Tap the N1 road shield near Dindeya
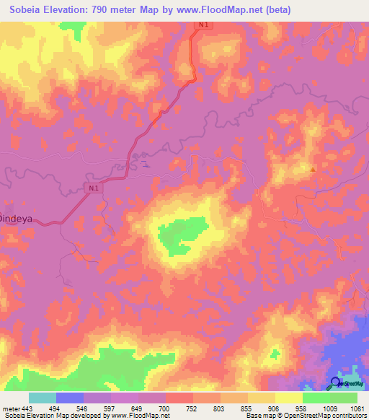click(x=92, y=188)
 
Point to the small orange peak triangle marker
click(x=313, y=169)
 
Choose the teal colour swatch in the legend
click(x=43, y=398)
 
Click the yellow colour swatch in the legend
click(x=288, y=398)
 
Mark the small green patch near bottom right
click(x=275, y=354)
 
